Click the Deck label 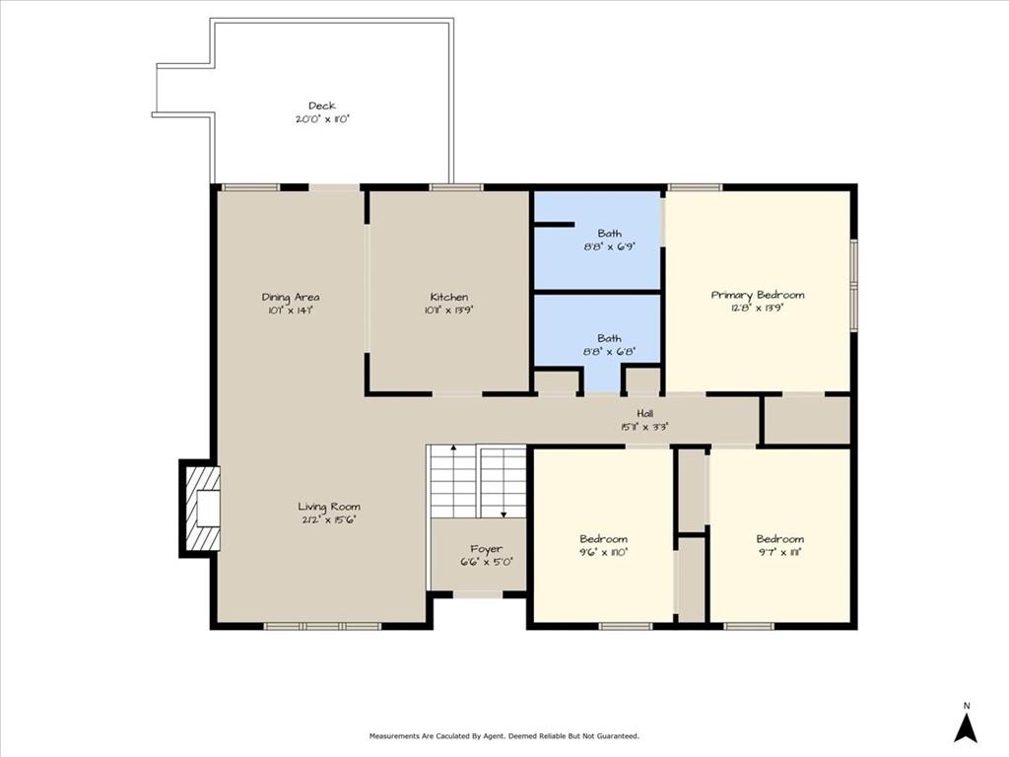tap(321, 105)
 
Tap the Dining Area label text tap(290, 297)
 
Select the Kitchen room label tap(448, 297)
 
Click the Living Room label tap(329, 507)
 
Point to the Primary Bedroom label tap(758, 294)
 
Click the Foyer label tap(486, 549)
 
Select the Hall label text tap(645, 414)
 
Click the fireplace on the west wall tap(202, 509)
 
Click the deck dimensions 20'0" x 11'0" tap(321, 118)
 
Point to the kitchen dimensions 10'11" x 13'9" tap(448, 310)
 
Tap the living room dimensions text tap(329, 519)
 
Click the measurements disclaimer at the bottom tap(504, 736)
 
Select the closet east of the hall tap(807, 420)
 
